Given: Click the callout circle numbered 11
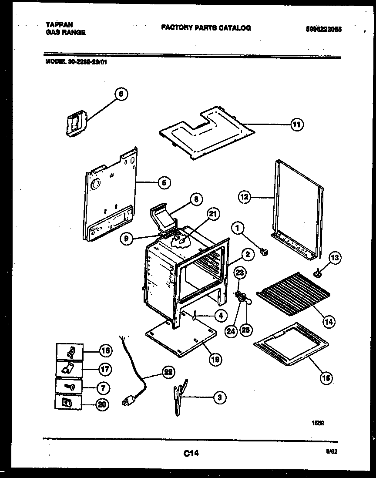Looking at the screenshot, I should click(296, 125).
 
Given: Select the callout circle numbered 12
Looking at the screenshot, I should click(245, 197).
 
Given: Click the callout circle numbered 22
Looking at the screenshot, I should click(168, 372).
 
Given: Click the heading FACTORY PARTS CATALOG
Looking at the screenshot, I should click(206, 28).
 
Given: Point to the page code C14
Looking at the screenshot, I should click(191, 454).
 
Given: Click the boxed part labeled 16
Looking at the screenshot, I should click(69, 351).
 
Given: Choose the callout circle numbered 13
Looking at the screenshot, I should click(335, 258).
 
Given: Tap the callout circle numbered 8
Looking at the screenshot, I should click(196, 199).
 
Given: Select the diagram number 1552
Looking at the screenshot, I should click(319, 422).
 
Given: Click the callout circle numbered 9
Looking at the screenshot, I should click(127, 239).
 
